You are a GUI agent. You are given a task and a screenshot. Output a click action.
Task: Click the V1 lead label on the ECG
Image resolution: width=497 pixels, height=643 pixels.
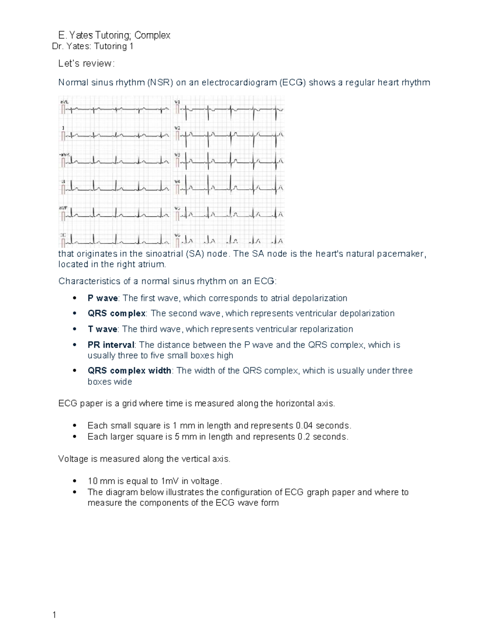[177, 101]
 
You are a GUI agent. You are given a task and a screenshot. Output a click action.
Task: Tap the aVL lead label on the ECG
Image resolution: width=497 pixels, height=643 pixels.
[65, 101]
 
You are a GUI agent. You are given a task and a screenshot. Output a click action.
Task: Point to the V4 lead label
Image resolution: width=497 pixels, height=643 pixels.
[177, 181]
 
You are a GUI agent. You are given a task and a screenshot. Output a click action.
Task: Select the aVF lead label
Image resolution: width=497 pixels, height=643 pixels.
[63, 208]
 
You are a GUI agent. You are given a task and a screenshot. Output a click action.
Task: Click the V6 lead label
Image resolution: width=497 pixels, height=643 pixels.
[177, 235]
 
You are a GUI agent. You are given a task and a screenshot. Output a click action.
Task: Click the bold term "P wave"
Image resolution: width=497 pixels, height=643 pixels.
[102, 298]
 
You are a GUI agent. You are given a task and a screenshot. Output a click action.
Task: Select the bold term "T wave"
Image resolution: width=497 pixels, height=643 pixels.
[102, 329]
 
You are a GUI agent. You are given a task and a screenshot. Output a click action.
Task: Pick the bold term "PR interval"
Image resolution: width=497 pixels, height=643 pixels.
[111, 345]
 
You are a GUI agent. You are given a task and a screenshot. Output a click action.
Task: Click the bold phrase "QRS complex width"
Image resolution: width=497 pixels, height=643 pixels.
[129, 371]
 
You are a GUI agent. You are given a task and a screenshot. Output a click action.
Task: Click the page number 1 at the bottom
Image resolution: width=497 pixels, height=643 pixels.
[54, 615]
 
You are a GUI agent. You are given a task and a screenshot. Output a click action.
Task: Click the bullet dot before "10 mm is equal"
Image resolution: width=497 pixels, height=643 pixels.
[75, 481]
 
